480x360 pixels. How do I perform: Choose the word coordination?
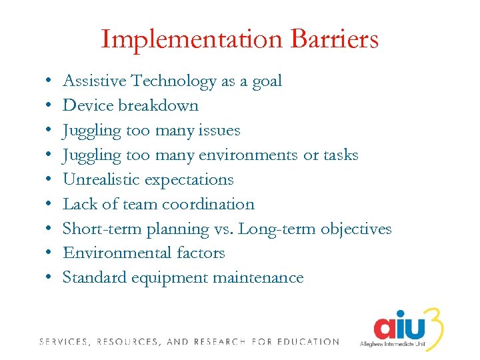208,205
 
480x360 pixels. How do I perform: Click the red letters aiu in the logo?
398,329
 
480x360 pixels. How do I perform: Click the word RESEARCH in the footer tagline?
221,342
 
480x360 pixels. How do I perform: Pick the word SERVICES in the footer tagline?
63,342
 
